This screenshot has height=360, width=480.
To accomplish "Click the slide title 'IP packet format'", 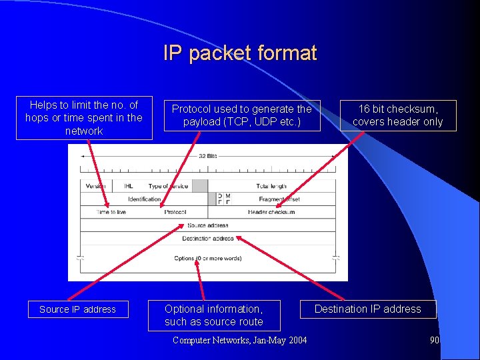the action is pos(240,53).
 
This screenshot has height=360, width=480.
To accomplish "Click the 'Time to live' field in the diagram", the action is pos(111,212).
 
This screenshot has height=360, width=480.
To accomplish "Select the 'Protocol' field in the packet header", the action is pos(175,212).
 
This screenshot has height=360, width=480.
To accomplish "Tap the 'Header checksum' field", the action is pos(271,212).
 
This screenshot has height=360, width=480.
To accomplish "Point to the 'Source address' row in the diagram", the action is pos(207,225).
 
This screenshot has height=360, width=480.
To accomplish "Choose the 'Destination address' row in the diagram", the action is pos(207,238).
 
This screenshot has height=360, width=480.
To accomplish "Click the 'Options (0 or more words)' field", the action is pos(207,258).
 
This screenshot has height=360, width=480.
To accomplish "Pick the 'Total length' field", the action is pos(271,186).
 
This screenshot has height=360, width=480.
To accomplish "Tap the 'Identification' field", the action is pos(145,199).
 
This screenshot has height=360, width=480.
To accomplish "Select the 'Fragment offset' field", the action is pos(279,199).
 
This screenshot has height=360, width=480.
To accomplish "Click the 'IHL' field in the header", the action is pos(128,186).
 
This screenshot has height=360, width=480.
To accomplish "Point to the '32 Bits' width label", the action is pos(207,156).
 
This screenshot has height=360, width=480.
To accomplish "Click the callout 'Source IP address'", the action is pos(77,309).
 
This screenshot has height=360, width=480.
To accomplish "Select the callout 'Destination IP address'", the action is pos(367,309).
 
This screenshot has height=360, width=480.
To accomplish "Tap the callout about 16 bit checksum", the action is pos(397,115).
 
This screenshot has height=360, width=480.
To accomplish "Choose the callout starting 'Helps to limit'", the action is pos(84,118).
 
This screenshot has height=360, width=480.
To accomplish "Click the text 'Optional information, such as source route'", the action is pos(214,315).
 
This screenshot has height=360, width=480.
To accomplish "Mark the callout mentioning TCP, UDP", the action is pos(242,115).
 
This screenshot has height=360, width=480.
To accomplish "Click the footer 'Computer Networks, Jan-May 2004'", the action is pos(240,340).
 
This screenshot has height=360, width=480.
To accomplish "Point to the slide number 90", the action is pos(435,340).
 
